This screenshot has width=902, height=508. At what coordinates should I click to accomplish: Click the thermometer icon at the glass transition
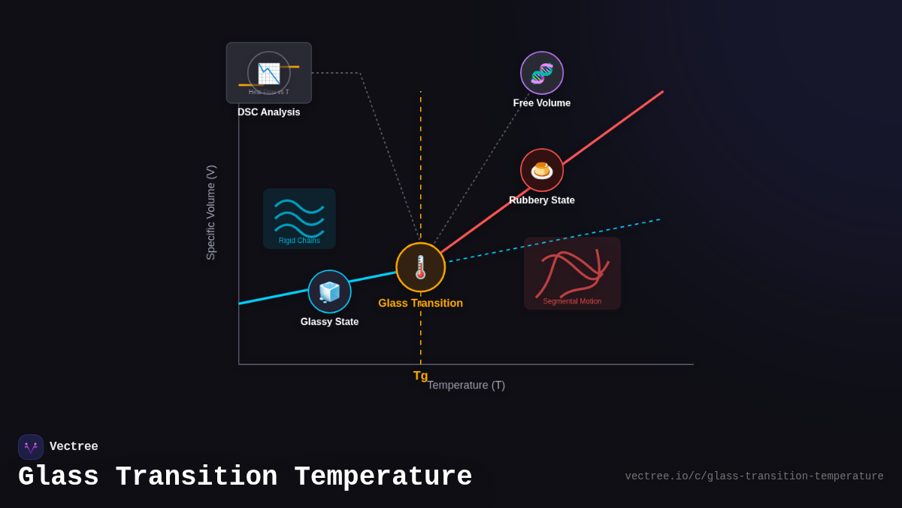(x=420, y=267)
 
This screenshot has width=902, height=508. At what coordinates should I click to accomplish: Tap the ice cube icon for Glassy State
(x=329, y=291)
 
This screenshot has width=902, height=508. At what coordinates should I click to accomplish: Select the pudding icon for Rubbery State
(x=541, y=170)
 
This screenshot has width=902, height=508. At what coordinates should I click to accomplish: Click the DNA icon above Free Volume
(x=541, y=73)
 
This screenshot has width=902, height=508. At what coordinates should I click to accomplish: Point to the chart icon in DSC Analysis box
(x=268, y=73)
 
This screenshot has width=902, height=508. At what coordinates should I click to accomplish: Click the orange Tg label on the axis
(x=420, y=376)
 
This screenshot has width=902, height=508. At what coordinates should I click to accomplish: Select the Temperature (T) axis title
(x=466, y=385)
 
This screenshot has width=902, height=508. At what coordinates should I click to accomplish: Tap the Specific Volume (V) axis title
(x=210, y=213)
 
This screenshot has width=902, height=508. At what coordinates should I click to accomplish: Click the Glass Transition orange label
(x=420, y=303)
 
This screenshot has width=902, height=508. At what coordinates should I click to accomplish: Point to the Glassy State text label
(x=329, y=322)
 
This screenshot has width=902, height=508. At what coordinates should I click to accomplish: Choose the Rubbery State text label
(x=541, y=200)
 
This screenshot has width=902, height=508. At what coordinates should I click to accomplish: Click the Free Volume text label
(x=541, y=103)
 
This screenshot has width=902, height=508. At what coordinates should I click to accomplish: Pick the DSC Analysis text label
(x=268, y=112)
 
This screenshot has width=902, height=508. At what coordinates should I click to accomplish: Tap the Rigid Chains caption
(x=299, y=241)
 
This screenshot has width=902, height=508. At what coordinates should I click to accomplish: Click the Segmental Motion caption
(x=572, y=301)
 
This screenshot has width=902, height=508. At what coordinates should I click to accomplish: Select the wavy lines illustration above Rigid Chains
(x=299, y=215)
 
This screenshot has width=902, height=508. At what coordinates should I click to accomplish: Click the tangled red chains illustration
(x=572, y=272)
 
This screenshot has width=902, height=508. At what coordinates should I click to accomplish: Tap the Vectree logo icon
(x=31, y=447)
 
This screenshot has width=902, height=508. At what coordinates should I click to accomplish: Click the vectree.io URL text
(x=754, y=476)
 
